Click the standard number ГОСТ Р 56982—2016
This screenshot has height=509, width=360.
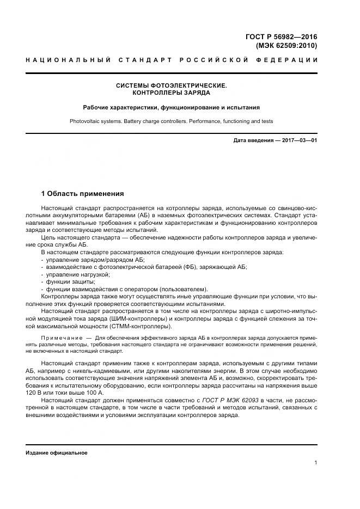pyautogui.click(x=281, y=37)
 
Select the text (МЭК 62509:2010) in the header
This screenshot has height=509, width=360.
pyautogui.click(x=286, y=46)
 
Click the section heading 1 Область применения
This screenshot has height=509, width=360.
pyautogui.click(x=83, y=194)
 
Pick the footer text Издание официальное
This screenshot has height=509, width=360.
pyautogui.click(x=57, y=453)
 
